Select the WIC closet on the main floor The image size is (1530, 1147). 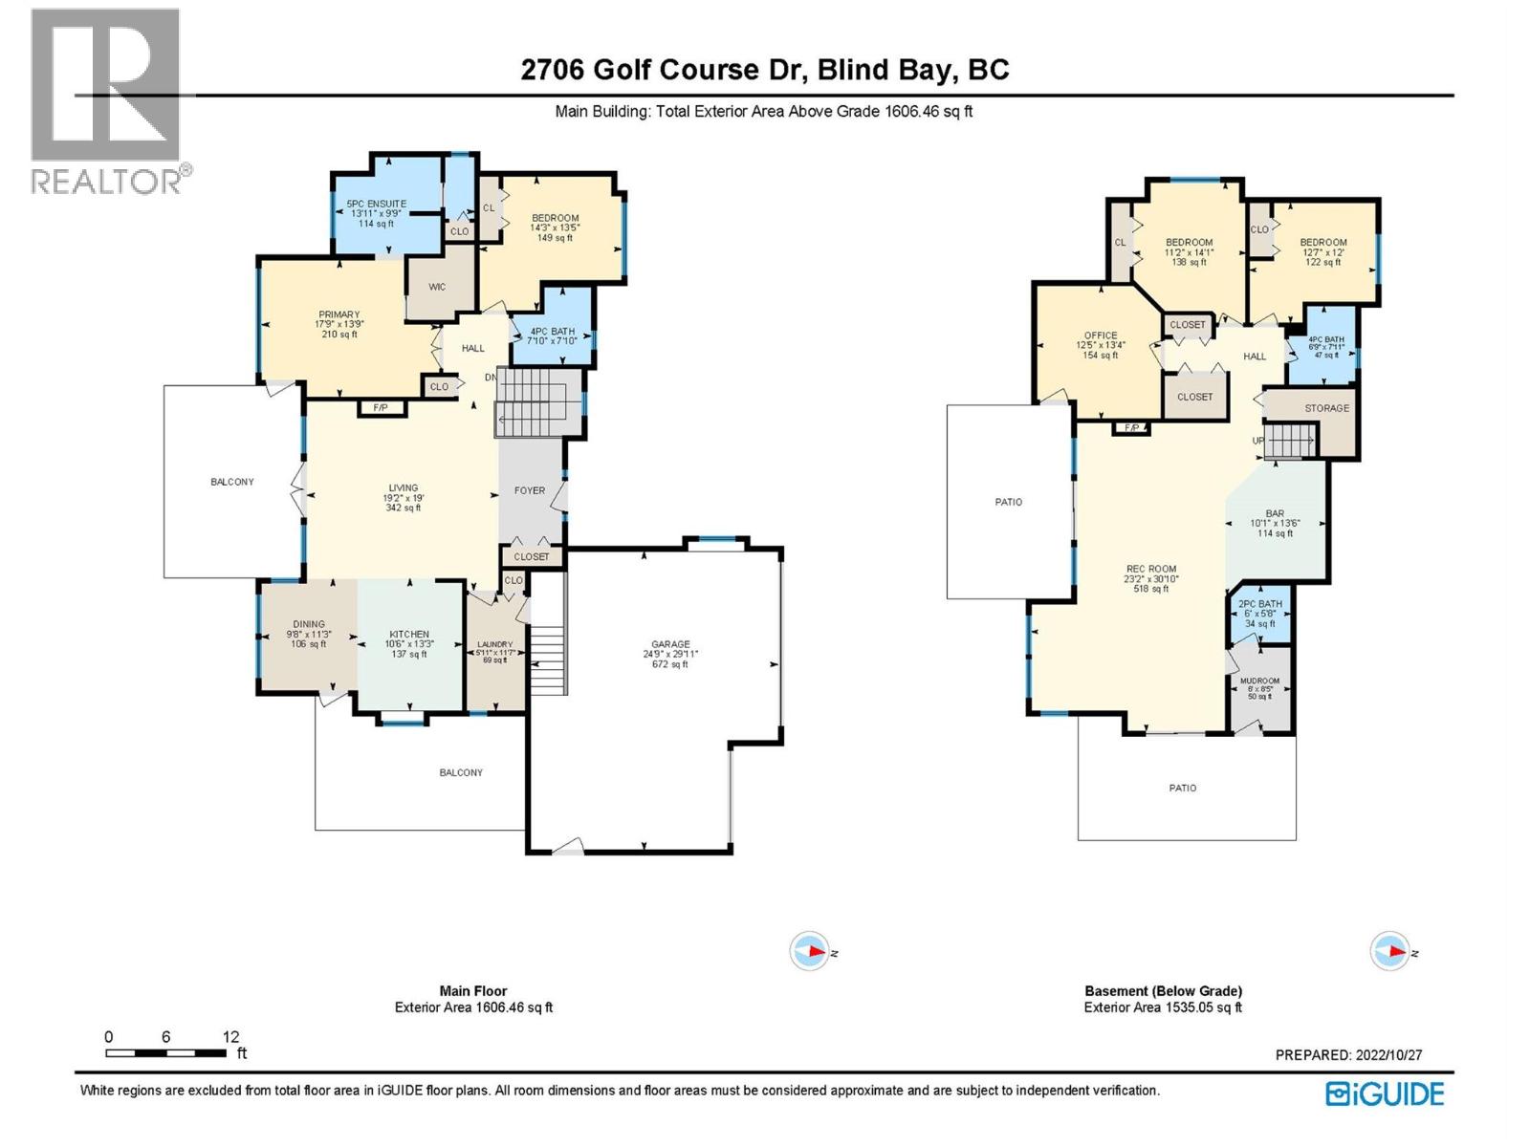(437, 287)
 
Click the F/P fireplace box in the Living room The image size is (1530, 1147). (381, 408)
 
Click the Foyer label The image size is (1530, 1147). (530, 490)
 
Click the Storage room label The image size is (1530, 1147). (1326, 408)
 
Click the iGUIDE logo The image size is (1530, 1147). (1385, 1093)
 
